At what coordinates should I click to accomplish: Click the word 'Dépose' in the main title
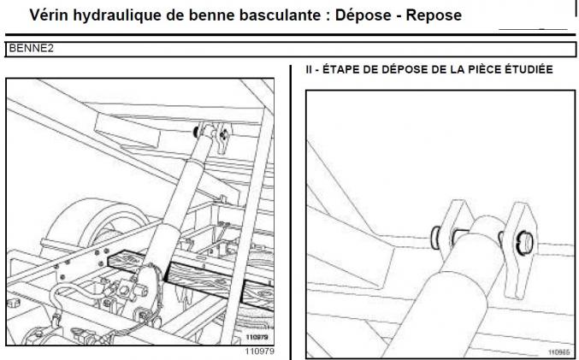pyautogui.click(x=358, y=15)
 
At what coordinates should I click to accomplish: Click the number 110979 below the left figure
pyautogui.click(x=258, y=351)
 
